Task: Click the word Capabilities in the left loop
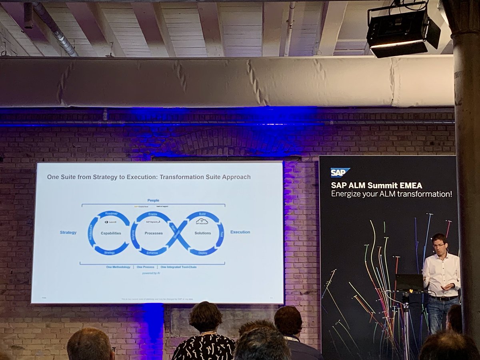[111, 233]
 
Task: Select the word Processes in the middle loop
[154, 233]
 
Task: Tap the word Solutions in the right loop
[203, 233]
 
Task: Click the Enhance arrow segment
[152, 253]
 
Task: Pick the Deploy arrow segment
[202, 253]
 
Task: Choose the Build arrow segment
[202, 214]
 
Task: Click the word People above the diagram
[153, 200]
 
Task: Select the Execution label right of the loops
[240, 232]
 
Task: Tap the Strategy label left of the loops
[68, 232]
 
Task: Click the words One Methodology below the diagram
[118, 267]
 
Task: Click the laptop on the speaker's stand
[409, 282]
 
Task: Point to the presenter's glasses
[439, 245]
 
